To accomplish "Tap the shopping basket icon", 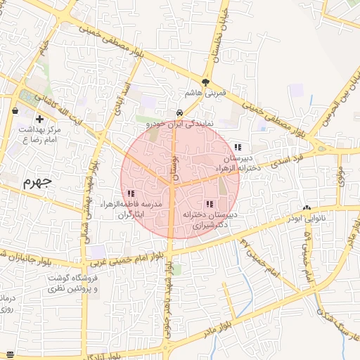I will [15, 110].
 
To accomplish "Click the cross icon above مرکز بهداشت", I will [39, 119].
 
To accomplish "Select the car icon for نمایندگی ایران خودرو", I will [180, 112].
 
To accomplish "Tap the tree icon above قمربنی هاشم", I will [205, 82].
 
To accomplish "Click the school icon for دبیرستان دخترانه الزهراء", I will [238, 147].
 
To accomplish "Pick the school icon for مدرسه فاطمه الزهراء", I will [131, 193].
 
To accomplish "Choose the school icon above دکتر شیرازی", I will [209, 203].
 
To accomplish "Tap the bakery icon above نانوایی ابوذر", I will [307, 208].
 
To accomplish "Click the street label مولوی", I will [340, 176].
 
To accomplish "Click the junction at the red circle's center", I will [172, 185].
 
